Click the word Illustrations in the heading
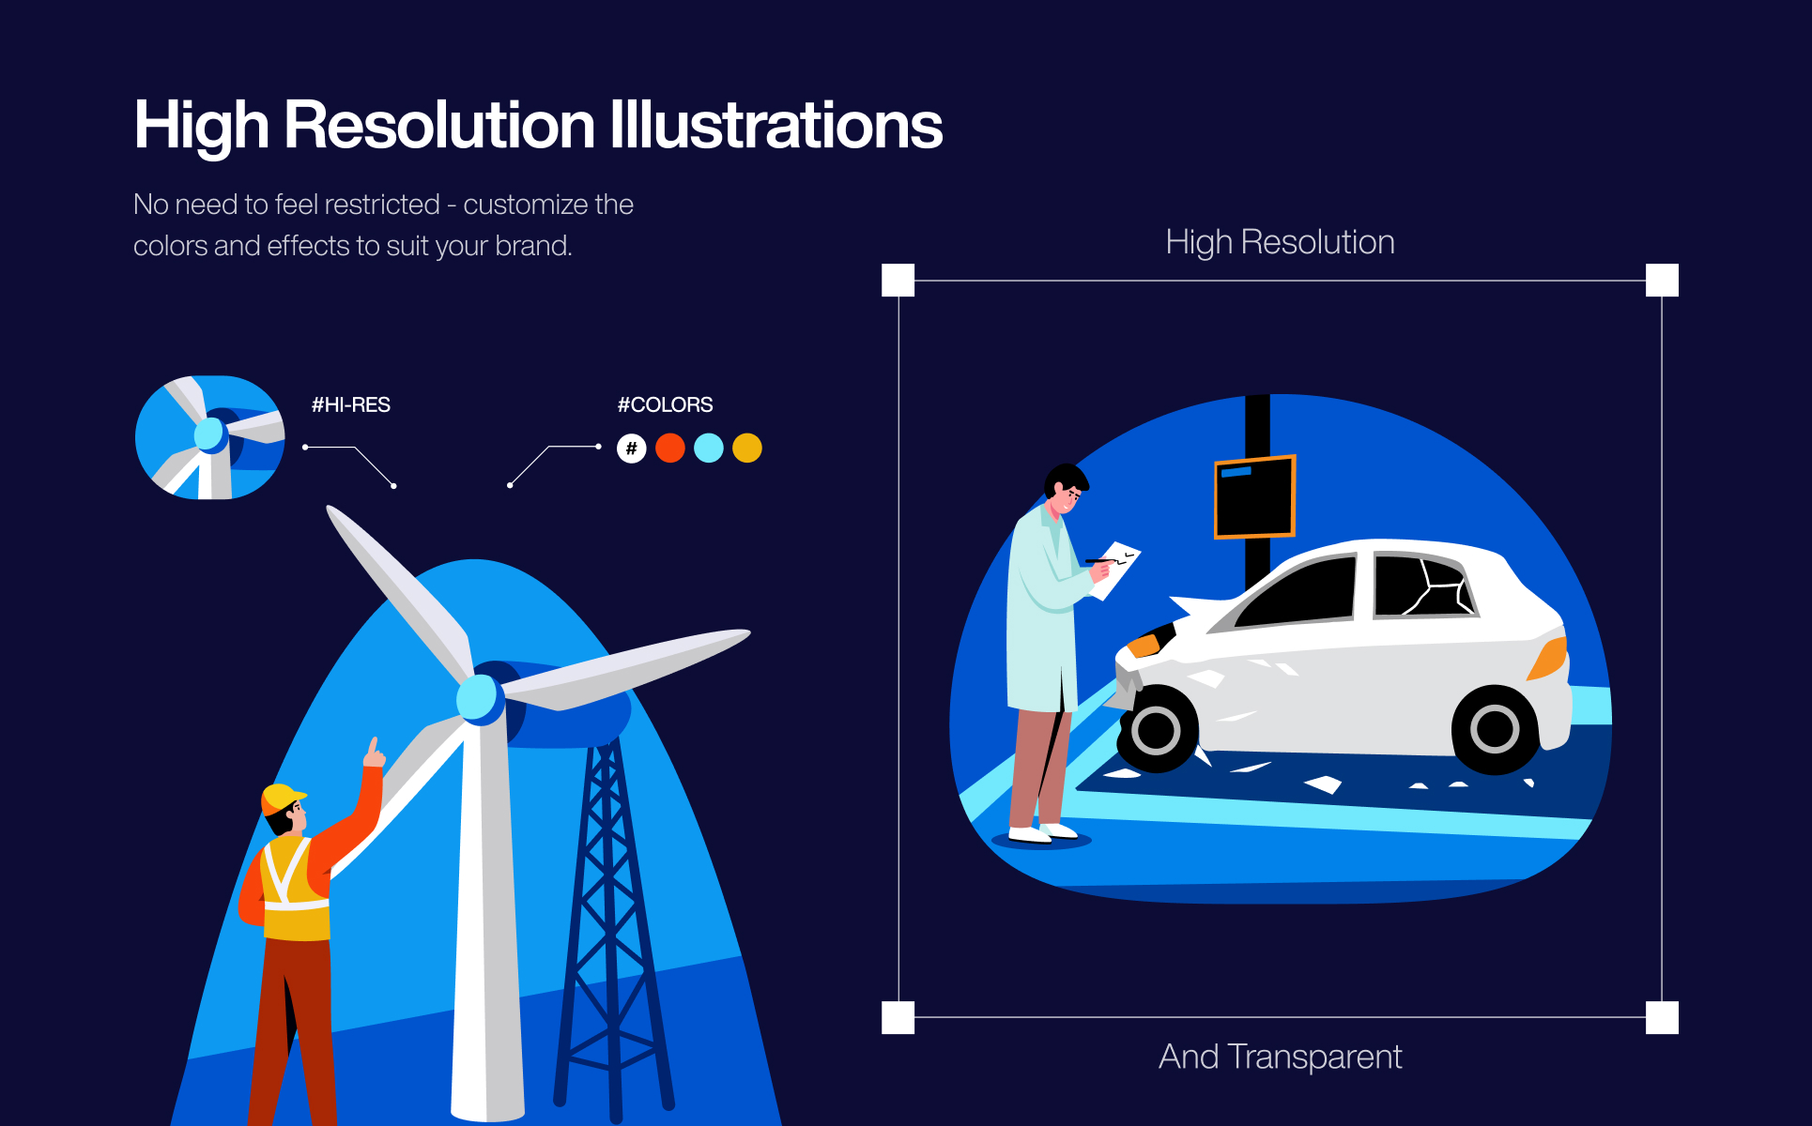pyautogui.click(x=776, y=124)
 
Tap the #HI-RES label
pyautogui.click(x=351, y=404)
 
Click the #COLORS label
pyautogui.click(x=665, y=404)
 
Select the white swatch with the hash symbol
pyautogui.click(x=632, y=449)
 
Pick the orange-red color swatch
pyautogui.click(x=670, y=449)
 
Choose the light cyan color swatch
pyautogui.click(x=709, y=449)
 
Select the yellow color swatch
pyautogui.click(x=747, y=449)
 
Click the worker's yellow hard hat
pyautogui.click(x=283, y=799)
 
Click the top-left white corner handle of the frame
pyautogui.click(x=898, y=281)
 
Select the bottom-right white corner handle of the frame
pyautogui.click(x=1663, y=1017)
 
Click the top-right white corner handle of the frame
pyautogui.click(x=1663, y=281)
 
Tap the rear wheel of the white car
pyautogui.click(x=1495, y=729)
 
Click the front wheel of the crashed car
pyautogui.click(x=1157, y=729)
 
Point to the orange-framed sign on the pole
pyautogui.click(x=1255, y=497)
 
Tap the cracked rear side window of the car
pyautogui.click(x=1423, y=586)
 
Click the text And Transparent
pyautogui.click(x=1281, y=1057)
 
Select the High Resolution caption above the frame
pyautogui.click(x=1281, y=242)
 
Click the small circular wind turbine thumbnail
pyautogui.click(x=210, y=437)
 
